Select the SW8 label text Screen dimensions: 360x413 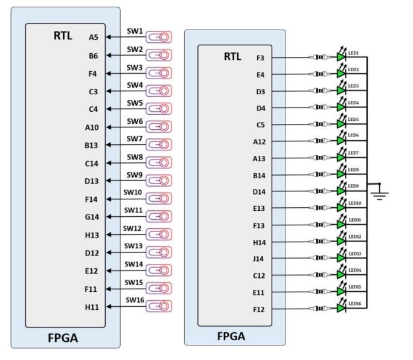click(x=135, y=156)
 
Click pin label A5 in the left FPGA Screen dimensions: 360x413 click(x=94, y=37)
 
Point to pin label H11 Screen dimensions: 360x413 click(x=92, y=307)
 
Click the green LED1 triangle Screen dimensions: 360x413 click(x=341, y=59)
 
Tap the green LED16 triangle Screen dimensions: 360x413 click(x=341, y=309)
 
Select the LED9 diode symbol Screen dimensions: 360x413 click(x=341, y=192)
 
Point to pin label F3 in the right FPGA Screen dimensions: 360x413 click(x=261, y=58)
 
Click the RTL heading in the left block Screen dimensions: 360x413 click(x=62, y=36)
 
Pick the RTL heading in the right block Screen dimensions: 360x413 click(x=232, y=57)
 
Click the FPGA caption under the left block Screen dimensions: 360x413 click(x=63, y=339)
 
